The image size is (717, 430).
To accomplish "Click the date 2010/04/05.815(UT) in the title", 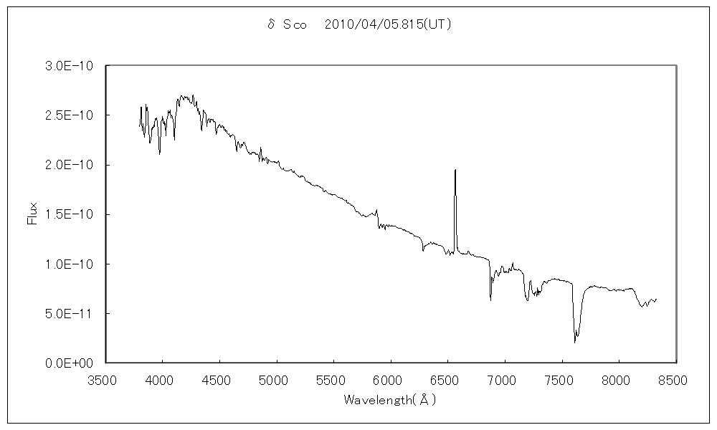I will [387, 24].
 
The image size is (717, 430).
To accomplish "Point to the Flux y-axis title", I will [32, 214].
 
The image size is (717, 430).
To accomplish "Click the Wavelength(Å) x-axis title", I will [390, 399].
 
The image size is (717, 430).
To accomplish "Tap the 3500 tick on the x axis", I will [105, 377].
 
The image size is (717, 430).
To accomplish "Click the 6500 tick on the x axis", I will [447, 377].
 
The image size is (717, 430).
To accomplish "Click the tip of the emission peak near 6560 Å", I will [455, 170].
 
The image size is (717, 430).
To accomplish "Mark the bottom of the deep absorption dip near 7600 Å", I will [575, 343].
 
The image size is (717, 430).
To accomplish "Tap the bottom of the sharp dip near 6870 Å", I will [491, 300].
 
